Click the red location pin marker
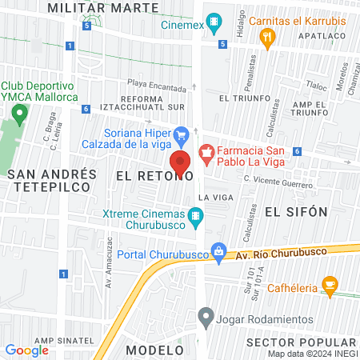(180, 162)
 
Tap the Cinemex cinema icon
(214, 22)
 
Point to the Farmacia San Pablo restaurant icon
(206, 151)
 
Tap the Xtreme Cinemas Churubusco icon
(195, 214)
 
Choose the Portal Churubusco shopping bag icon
(218, 253)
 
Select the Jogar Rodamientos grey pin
(207, 314)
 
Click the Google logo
(26, 350)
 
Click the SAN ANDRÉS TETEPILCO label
(52, 182)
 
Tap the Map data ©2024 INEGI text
(312, 354)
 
